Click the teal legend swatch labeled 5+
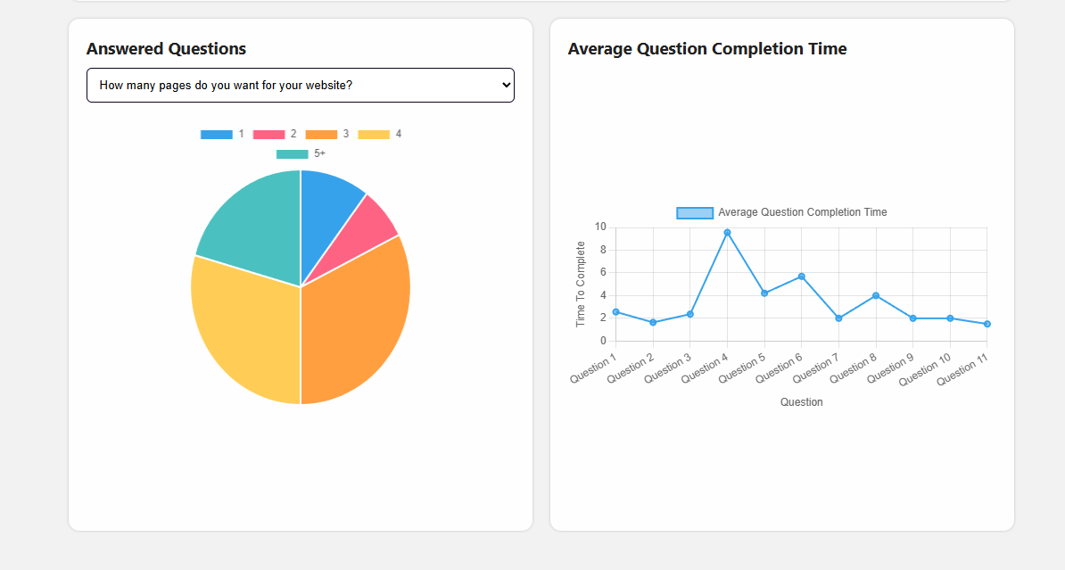[x=292, y=154]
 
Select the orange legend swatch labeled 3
[x=321, y=135]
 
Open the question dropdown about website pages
[x=300, y=86]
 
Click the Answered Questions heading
[x=166, y=49]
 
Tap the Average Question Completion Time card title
[x=707, y=49]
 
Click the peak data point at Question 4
[x=727, y=233]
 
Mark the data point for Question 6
[x=801, y=277]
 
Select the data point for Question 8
[x=876, y=295]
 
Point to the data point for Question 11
[x=987, y=324]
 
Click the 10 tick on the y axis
[x=600, y=227]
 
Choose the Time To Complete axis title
[x=581, y=284]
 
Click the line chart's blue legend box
[x=695, y=212]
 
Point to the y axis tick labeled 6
[x=603, y=273]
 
